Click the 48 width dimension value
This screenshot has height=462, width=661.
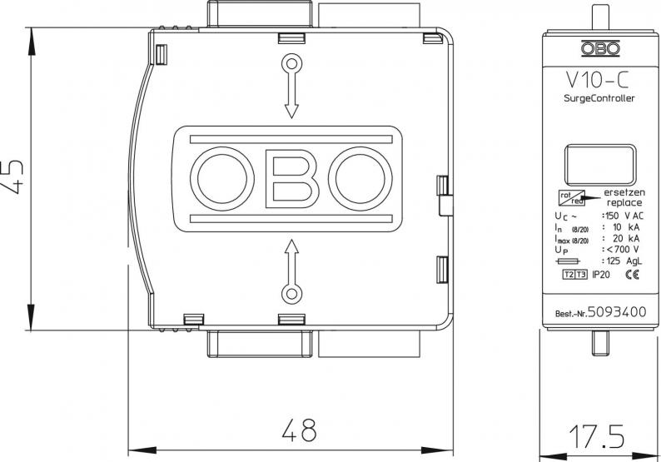[x=297, y=430]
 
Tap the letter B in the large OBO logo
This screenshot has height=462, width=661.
[x=291, y=179]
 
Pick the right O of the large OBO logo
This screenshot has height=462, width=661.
[x=360, y=179]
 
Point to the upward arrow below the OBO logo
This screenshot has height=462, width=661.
[x=291, y=268]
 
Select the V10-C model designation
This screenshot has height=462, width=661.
[x=592, y=81]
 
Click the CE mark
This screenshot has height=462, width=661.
[x=631, y=274]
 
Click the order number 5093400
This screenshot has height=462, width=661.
[x=618, y=313]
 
